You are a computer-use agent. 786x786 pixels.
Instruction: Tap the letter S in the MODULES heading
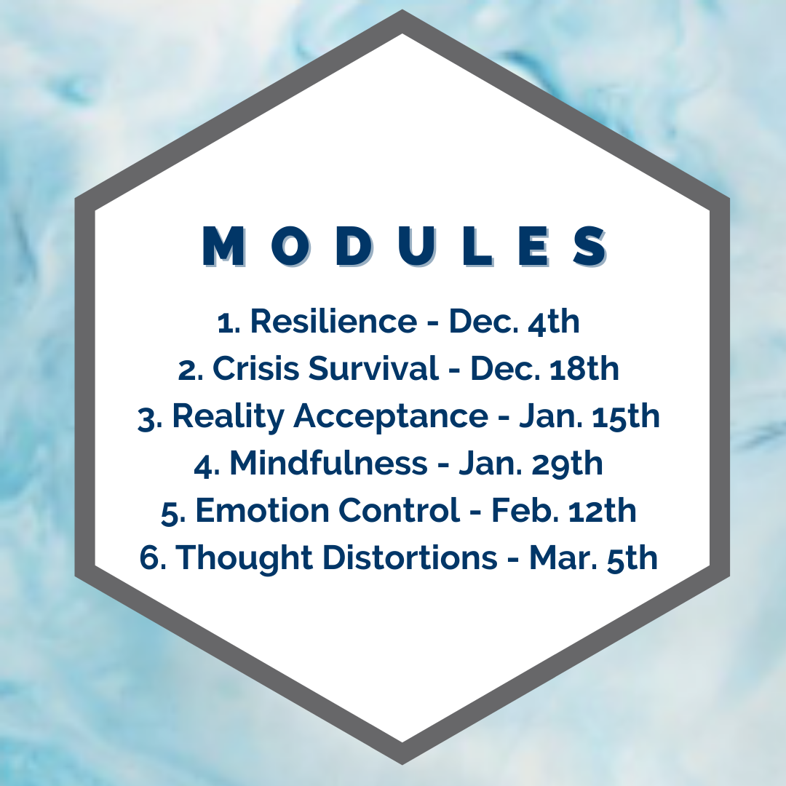pos(590,246)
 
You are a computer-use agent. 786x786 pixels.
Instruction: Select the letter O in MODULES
pos(289,246)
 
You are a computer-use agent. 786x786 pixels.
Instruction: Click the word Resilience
pos(333,321)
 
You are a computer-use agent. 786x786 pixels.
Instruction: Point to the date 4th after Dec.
pos(554,321)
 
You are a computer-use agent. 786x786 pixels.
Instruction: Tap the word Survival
pos(373,368)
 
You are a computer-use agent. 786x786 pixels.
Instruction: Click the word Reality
pos(228,417)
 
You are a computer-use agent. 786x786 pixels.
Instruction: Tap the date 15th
pos(626,416)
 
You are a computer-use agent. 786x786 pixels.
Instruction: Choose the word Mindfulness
pos(328,463)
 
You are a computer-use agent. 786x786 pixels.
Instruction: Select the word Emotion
pos(262,510)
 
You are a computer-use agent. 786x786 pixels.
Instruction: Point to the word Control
pos(400,510)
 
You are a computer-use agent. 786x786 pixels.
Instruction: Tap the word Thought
pos(244,558)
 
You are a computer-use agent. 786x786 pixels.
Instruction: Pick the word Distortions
pos(410,557)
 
